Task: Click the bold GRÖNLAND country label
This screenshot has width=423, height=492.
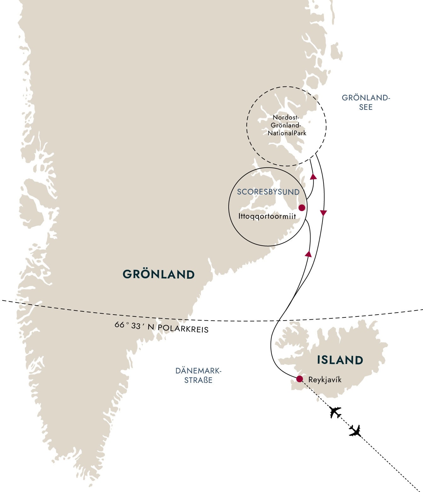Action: click(158, 274)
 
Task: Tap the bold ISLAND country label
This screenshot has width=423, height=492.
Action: click(340, 360)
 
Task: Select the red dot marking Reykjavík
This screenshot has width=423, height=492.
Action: click(300, 379)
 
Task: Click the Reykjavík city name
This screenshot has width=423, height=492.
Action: click(325, 380)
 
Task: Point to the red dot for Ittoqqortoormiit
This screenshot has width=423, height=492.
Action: click(302, 208)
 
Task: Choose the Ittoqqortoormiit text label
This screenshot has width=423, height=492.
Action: click(267, 216)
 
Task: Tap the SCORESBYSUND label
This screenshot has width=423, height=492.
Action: click(268, 192)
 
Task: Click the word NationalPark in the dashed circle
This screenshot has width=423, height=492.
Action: click(287, 133)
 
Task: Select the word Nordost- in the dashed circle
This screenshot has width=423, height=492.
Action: click(285, 117)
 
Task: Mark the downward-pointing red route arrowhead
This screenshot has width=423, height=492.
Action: click(323, 213)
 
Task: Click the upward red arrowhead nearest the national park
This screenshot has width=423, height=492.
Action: click(313, 176)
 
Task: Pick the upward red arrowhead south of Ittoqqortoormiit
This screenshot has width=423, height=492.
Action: click(308, 254)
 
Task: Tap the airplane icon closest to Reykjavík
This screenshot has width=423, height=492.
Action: click(335, 412)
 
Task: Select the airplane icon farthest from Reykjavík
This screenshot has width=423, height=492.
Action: click(356, 431)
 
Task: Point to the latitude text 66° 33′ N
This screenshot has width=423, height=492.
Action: click(134, 326)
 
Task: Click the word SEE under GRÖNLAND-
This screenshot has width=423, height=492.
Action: click(366, 107)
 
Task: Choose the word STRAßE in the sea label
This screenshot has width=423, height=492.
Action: click(198, 380)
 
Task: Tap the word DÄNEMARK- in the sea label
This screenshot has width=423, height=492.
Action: click(198, 371)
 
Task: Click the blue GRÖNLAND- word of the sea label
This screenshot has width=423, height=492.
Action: click(366, 98)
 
